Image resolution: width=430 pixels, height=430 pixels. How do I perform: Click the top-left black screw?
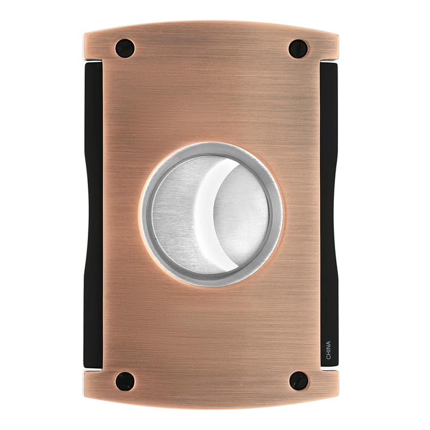(x=125, y=48)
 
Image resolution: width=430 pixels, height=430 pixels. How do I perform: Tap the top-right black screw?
(x=298, y=48)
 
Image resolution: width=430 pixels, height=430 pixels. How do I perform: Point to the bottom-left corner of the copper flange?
(x=86, y=394)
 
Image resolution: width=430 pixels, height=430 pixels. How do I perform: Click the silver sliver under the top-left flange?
(x=90, y=62)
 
